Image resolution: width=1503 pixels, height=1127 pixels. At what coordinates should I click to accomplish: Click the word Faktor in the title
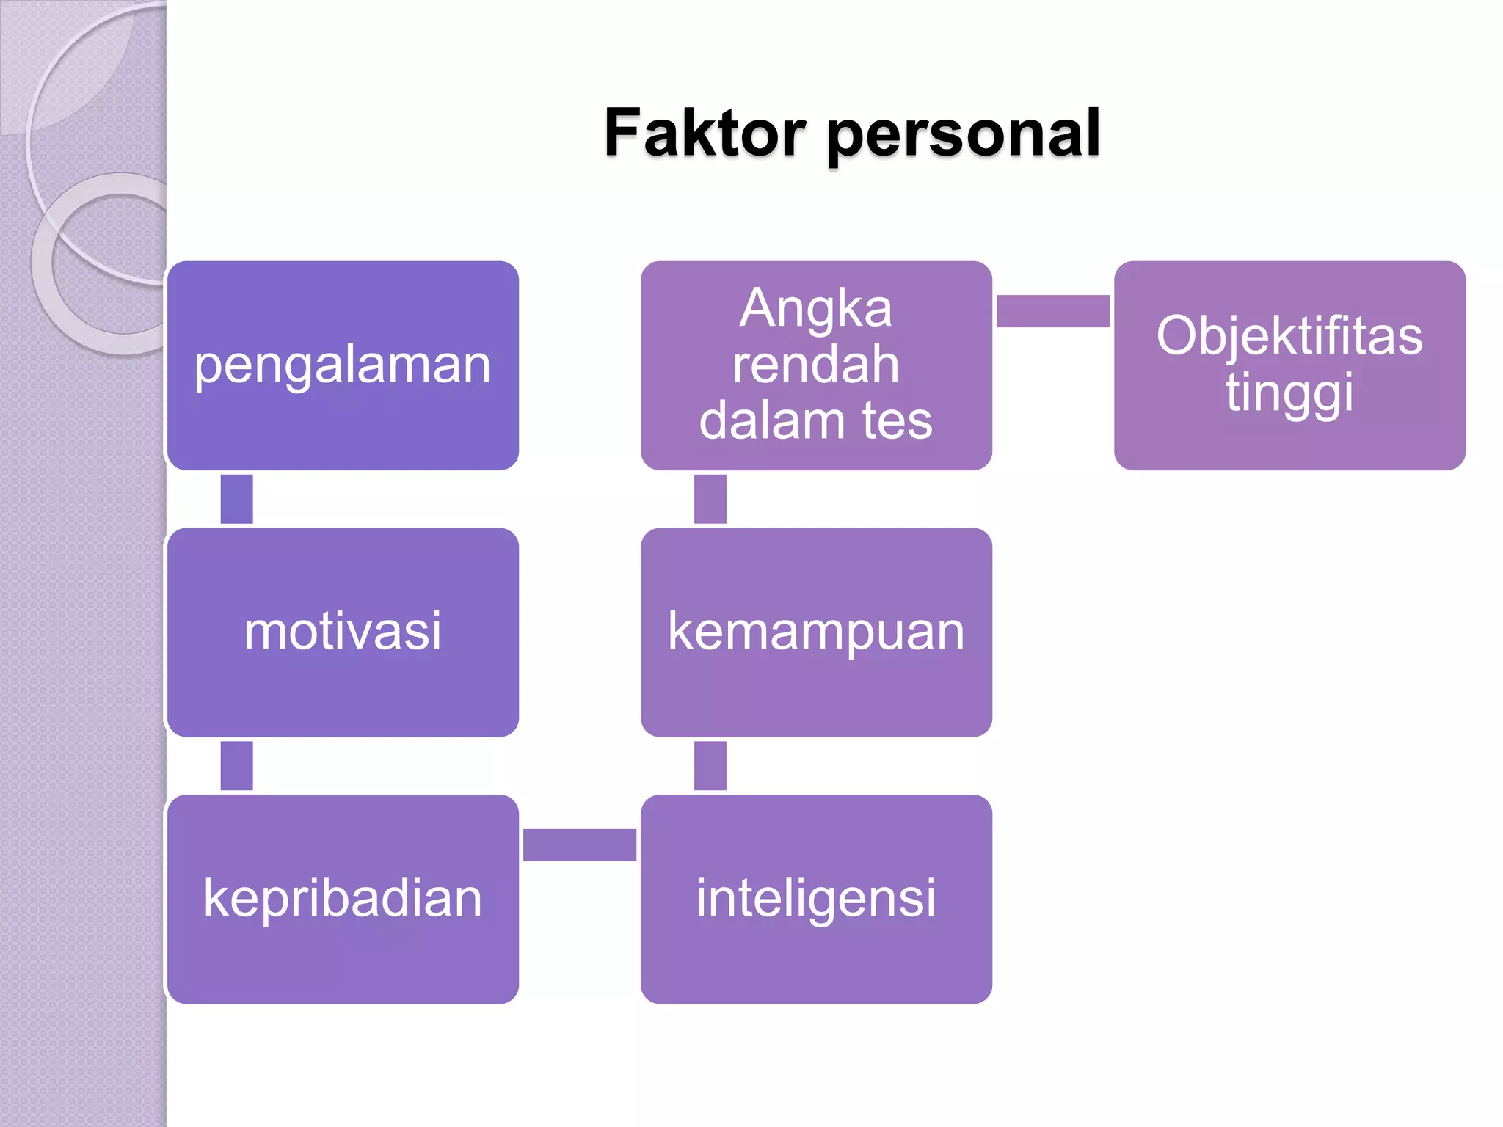pyautogui.click(x=705, y=134)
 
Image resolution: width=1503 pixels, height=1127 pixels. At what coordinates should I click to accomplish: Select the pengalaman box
pyautogui.click(x=343, y=365)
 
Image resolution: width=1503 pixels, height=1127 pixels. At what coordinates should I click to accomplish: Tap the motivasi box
pyautogui.click(x=343, y=632)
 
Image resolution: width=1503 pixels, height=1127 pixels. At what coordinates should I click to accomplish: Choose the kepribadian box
pyautogui.click(x=343, y=899)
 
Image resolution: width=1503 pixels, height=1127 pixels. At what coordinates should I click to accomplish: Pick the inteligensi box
pyautogui.click(x=816, y=899)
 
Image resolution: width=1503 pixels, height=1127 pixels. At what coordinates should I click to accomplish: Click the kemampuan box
pyautogui.click(x=816, y=632)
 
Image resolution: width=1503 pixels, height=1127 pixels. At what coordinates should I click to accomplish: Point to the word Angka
pyautogui.click(x=816, y=308)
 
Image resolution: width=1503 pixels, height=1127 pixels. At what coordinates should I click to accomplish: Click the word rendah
pyautogui.click(x=816, y=365)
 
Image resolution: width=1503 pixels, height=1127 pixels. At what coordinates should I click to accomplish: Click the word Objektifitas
pyautogui.click(x=1289, y=336)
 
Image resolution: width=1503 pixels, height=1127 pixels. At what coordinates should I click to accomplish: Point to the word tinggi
pyautogui.click(x=1289, y=393)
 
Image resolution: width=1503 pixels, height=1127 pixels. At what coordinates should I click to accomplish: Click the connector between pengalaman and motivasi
pyautogui.click(x=236, y=499)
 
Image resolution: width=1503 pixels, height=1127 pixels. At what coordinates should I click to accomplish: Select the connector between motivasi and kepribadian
pyautogui.click(x=236, y=765)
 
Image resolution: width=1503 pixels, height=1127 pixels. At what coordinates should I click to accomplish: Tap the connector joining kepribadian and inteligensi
pyautogui.click(x=579, y=845)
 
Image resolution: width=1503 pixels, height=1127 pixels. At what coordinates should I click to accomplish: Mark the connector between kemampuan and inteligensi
pyautogui.click(x=710, y=765)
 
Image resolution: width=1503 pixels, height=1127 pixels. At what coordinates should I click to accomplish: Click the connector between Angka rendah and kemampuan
pyautogui.click(x=710, y=499)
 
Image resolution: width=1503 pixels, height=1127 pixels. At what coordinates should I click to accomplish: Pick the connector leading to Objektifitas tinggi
pyautogui.click(x=1052, y=311)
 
